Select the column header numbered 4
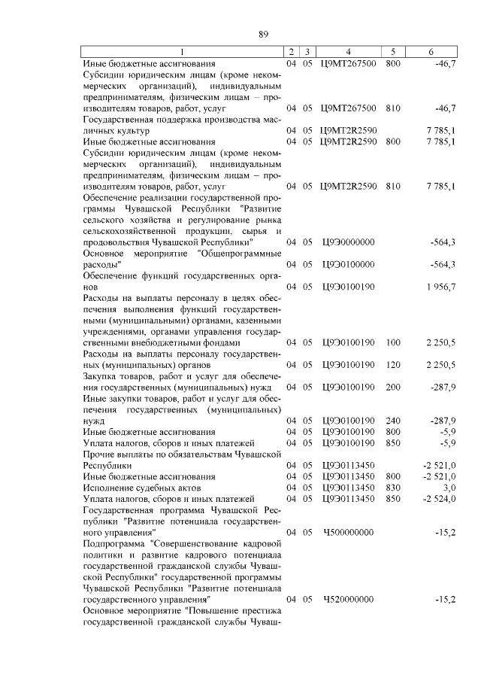coord(348,52)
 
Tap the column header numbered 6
coord(431,52)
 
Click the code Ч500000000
coord(348,532)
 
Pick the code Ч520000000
coord(348,599)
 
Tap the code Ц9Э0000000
coord(348,242)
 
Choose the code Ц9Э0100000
coord(348,264)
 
